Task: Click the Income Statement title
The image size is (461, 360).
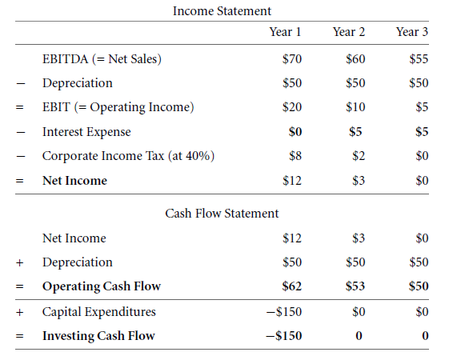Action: [x=222, y=11]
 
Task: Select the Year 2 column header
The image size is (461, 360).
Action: [x=349, y=32]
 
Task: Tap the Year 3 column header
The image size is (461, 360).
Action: [x=412, y=32]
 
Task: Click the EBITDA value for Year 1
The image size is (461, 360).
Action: [x=292, y=58]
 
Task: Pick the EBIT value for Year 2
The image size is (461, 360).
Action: [x=355, y=107]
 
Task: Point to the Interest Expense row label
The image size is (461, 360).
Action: [x=86, y=132]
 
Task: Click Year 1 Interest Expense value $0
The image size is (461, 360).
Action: [x=295, y=132]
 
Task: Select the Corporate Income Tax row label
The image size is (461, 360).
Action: [x=128, y=156]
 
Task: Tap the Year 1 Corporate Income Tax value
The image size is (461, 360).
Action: [x=295, y=156]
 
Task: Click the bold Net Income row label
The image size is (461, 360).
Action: [x=74, y=181]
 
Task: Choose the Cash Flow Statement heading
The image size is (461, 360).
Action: [x=222, y=214]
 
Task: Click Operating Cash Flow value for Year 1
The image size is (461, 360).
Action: [x=292, y=286]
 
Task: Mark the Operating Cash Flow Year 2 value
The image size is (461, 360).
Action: [x=355, y=286]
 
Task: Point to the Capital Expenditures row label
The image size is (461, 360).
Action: [x=98, y=312]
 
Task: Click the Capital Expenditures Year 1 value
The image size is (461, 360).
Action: [x=284, y=312]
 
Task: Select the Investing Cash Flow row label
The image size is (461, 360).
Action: [x=98, y=336]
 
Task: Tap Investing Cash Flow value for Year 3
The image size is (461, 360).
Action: [x=425, y=336]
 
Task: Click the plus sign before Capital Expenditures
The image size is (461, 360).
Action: [x=20, y=312]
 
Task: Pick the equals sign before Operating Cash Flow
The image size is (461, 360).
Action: [x=20, y=286]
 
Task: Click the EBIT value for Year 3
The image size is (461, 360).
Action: [x=422, y=107]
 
